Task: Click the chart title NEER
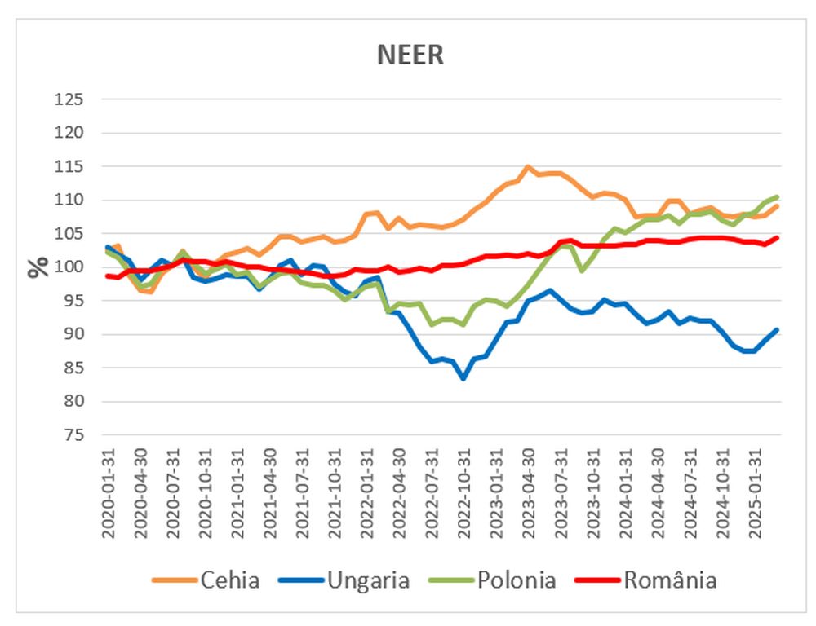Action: pos(410,55)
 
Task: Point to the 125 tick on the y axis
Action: pos(69,99)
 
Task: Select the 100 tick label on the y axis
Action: pos(69,267)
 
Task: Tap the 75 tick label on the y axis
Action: pos(73,435)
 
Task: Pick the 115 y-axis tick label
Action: pos(69,166)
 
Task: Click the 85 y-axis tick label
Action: pos(73,368)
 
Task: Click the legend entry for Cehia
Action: pos(229,580)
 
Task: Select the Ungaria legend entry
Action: pos(368,580)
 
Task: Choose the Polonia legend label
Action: pos(517,580)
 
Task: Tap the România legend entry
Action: pos(670,580)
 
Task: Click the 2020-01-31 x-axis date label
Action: pos(108,493)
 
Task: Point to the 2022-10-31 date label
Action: pos(463,493)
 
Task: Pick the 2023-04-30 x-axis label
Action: pos(528,493)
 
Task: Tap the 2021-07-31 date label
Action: pos(302,493)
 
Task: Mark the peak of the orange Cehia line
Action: pos(528,167)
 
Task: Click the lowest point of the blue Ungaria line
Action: pos(463,379)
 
